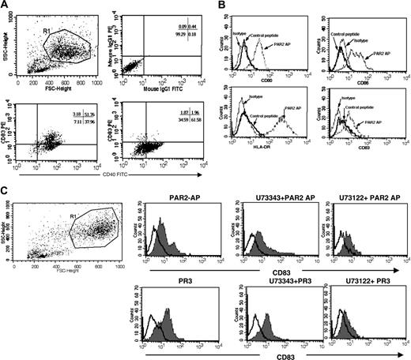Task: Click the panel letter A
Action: point(6,6)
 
